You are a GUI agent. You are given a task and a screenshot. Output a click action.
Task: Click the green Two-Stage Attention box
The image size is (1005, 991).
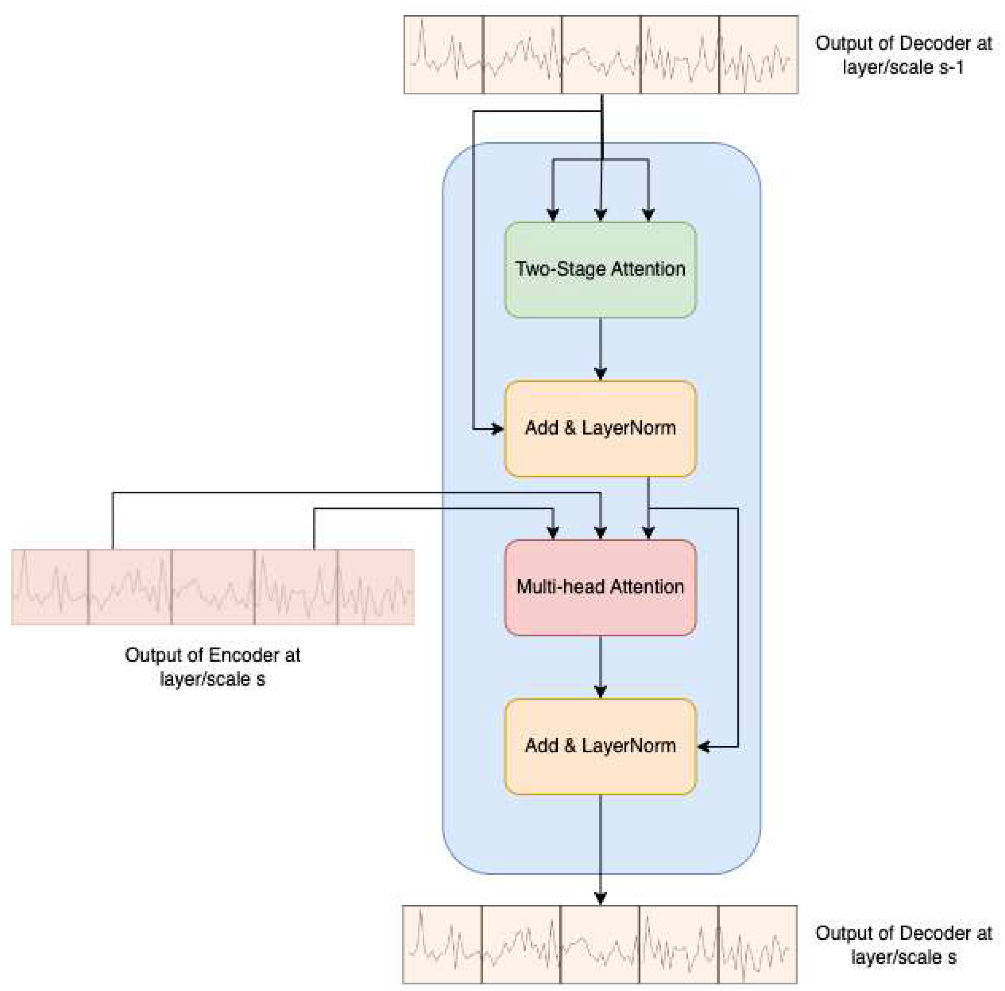[600, 270]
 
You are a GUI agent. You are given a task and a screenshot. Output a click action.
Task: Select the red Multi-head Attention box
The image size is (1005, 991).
[600, 587]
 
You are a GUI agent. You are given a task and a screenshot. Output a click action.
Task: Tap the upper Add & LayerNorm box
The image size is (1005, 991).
[600, 428]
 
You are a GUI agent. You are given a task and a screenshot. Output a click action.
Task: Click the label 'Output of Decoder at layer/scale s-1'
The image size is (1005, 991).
[903, 55]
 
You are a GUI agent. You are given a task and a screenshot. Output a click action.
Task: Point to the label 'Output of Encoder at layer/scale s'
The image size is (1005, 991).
[212, 666]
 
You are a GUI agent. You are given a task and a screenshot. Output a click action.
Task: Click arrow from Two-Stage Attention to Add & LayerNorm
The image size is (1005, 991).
[601, 348]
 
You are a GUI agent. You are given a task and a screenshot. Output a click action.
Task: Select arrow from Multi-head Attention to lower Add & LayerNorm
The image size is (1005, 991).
[601, 666]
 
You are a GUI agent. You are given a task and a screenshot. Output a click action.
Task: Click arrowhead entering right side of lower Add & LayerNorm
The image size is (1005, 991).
[703, 747]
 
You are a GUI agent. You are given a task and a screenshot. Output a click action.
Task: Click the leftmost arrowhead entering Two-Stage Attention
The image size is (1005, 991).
[553, 215]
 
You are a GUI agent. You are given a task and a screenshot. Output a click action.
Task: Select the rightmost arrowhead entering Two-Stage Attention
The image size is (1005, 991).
[648, 215]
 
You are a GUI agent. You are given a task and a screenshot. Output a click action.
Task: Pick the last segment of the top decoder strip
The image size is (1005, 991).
[758, 55]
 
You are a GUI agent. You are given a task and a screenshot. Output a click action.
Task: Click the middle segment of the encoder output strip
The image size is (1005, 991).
[213, 587]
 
